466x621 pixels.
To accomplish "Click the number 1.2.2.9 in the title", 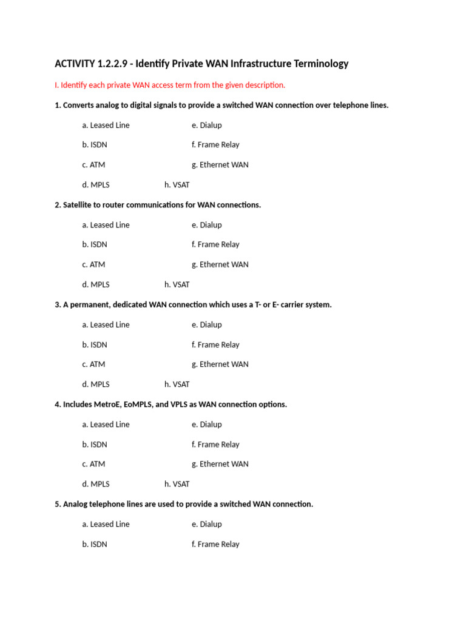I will (x=112, y=64).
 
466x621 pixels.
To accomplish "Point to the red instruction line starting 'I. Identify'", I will (x=170, y=85).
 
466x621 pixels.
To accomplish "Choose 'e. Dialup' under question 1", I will (x=207, y=125).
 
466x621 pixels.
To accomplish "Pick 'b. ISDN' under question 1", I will (x=95, y=145).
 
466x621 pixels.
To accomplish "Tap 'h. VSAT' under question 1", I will (x=177, y=185).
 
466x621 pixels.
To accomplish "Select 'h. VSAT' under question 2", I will (x=177, y=284).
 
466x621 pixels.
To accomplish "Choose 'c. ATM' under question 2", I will (x=93, y=264).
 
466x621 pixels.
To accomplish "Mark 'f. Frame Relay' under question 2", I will (x=215, y=244).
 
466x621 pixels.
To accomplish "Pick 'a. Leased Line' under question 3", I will (x=106, y=324).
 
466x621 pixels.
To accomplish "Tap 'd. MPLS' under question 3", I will (x=96, y=384).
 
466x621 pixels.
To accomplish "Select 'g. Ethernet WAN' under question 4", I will (x=220, y=464).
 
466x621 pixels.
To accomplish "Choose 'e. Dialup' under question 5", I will (x=207, y=524).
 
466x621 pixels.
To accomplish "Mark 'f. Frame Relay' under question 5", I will (x=215, y=544).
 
